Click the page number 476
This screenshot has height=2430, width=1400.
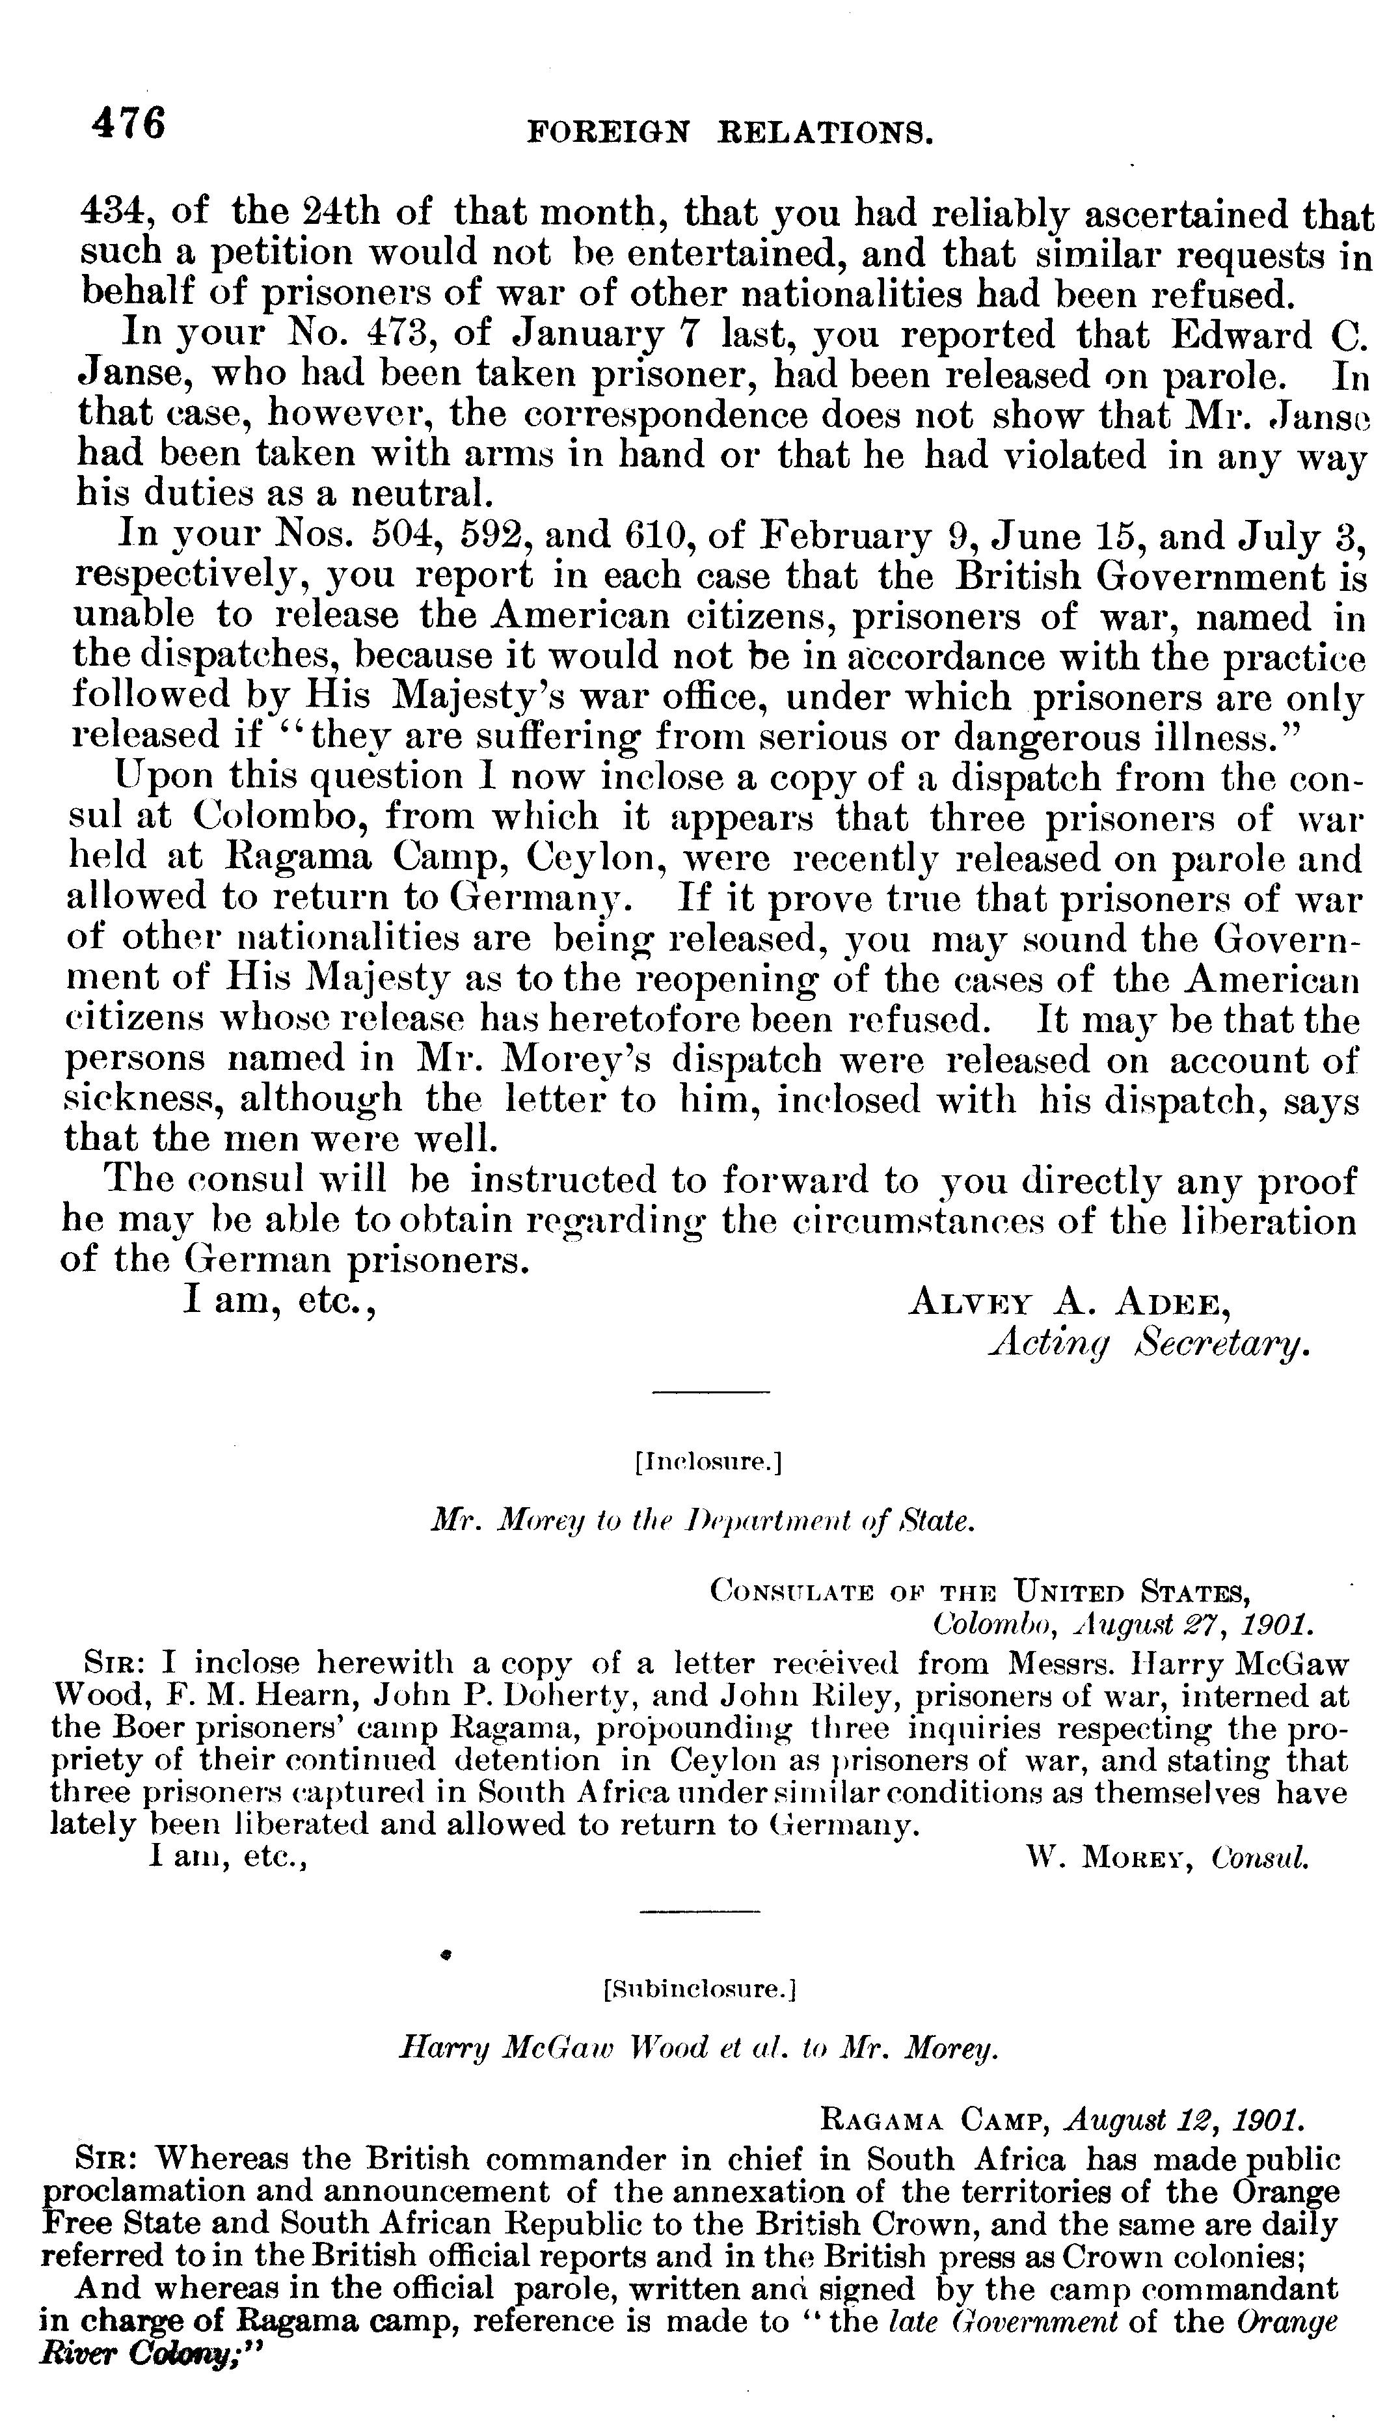click(129, 124)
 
